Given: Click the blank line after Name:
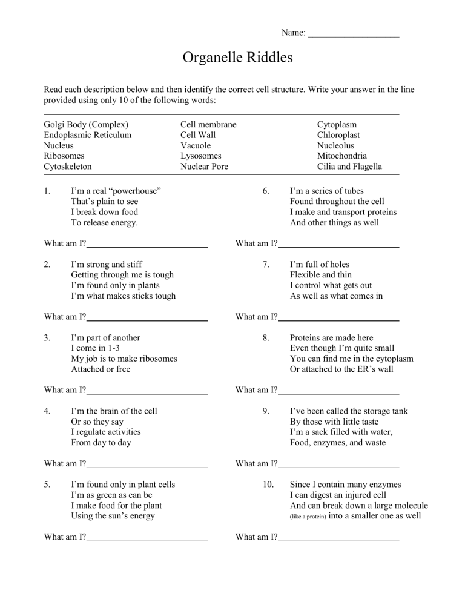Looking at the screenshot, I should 354,34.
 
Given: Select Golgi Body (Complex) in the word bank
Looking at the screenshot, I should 85,124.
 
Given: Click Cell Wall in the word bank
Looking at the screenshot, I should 198,135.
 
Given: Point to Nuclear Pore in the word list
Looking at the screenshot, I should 205,167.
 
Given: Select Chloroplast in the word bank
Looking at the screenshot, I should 338,135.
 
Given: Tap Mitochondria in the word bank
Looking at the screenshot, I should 342,156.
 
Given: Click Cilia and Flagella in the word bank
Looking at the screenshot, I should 350,167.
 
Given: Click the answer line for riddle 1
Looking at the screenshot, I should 147,246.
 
